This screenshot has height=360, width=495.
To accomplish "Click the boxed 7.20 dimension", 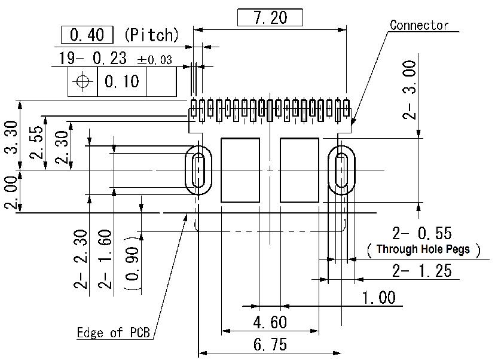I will (270, 18).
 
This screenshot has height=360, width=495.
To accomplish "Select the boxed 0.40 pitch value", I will (87, 35).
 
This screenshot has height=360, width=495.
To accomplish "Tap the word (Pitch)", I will (151, 35).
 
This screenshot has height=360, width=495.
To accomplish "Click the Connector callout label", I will (418, 25).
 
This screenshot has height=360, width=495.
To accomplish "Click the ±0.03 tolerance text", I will (154, 60).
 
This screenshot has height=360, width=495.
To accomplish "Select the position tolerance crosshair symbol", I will (82, 81).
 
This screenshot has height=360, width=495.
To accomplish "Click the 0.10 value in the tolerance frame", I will (121, 81).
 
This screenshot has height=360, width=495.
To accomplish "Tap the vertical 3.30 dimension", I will (11, 136).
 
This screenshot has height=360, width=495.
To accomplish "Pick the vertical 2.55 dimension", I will (37, 142).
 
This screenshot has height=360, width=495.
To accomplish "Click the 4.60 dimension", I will (270, 322).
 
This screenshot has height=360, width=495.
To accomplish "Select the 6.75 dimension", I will (270, 345).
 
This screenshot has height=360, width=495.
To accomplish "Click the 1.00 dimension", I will (378, 297).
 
